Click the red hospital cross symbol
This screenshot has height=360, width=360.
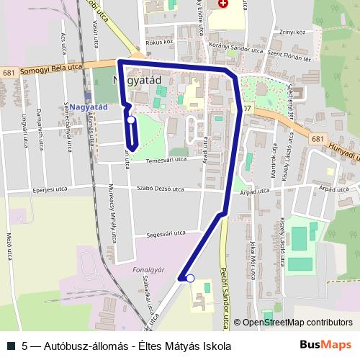click(x=222, y=4)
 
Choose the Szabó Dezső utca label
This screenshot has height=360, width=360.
click(x=160, y=189)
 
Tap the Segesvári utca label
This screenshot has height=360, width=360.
click(x=166, y=233)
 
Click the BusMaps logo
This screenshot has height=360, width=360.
click(x=325, y=345)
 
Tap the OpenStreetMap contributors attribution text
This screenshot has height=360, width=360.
click(x=296, y=322)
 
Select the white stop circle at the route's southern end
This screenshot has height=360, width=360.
click(x=190, y=278)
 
